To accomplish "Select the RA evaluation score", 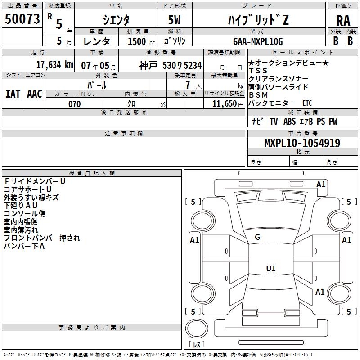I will [x=343, y=21].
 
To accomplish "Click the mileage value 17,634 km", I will [x=54, y=65].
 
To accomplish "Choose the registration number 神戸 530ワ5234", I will [x=170, y=65].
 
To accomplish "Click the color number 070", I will [x=74, y=104].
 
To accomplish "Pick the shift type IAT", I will [x=13, y=94].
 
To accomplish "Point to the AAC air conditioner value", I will [x=34, y=94].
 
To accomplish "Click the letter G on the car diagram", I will [x=257, y=237].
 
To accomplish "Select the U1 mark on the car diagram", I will [x=271, y=269].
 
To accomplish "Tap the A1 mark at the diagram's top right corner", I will [x=321, y=184].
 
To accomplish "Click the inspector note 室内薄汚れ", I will [x=21, y=230].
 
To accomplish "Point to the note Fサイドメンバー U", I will [x=35, y=181].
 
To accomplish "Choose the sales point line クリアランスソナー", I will [x=279, y=79].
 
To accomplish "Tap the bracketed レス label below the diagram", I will [x=197, y=345].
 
